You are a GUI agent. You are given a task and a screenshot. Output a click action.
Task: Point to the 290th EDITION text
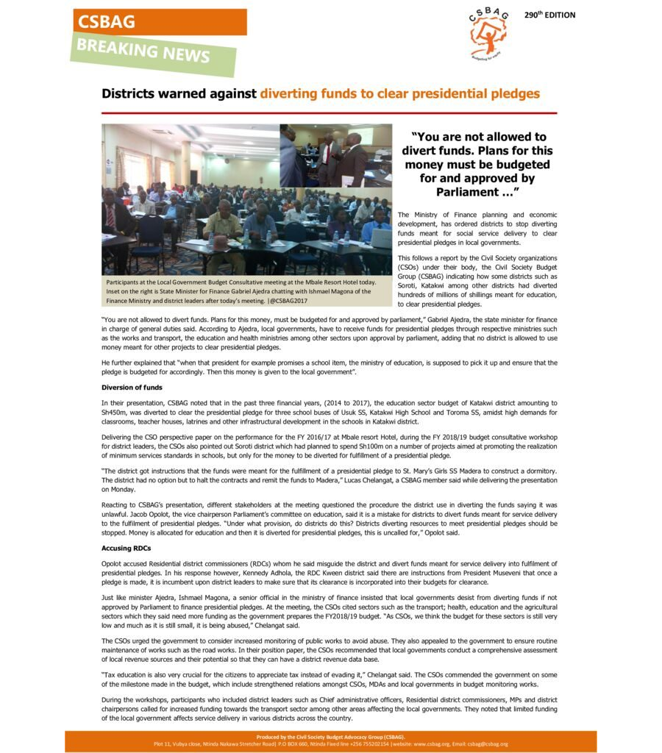coord(549,15)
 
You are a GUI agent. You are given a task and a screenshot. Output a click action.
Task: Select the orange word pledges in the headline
coord(513,94)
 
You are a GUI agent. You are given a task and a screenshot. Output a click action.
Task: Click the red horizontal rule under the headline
coord(329,113)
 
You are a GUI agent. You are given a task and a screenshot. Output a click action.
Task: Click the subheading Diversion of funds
coord(132,388)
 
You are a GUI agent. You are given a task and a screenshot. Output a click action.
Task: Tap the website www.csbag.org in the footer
coord(433,744)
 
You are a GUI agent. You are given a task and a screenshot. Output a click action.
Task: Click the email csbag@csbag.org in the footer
coord(485,744)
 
